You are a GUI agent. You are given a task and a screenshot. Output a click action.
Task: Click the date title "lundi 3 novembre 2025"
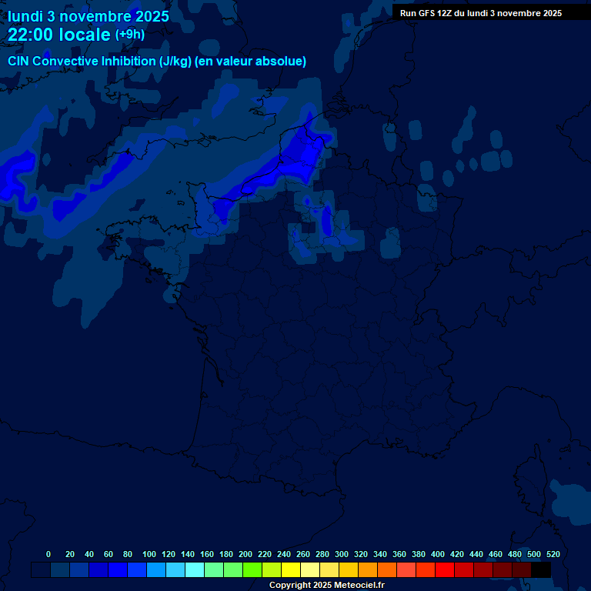88,16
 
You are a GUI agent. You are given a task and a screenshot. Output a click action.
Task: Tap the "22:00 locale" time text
59,35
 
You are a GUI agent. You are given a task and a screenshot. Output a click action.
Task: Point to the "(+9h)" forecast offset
130,35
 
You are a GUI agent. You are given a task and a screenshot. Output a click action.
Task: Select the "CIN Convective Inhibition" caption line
157,61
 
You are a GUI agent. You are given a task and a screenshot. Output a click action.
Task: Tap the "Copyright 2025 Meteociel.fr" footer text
326,586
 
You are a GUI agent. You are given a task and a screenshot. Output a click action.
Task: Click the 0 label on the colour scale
48,554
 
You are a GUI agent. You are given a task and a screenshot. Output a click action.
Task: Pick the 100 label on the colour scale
149,554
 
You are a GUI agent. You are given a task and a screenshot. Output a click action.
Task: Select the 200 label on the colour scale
245,554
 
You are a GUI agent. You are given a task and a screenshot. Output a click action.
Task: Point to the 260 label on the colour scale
303,554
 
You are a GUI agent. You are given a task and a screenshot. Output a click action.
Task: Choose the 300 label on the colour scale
342,554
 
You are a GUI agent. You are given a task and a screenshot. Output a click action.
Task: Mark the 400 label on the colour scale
438,554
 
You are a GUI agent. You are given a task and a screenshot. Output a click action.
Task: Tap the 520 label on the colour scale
553,554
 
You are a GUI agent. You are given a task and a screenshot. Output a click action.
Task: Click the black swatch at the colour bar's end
541,570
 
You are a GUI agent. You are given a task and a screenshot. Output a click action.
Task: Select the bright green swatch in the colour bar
252,570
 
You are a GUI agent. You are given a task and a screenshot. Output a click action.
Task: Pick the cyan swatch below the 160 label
194,570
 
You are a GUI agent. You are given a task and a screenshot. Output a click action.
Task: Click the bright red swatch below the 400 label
444,570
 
